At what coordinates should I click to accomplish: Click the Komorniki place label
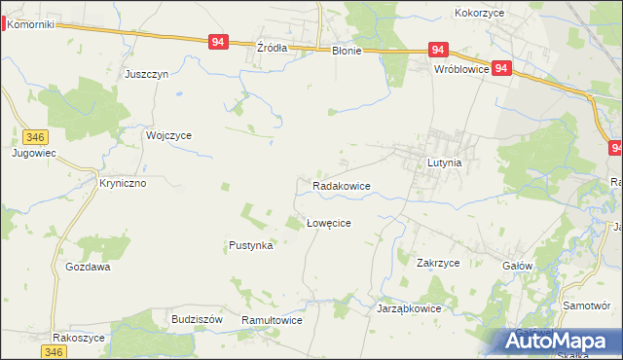29,23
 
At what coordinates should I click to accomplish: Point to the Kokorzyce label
478,14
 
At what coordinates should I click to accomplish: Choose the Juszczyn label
147,74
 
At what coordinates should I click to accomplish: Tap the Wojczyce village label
168,135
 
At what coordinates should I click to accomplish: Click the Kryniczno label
123,182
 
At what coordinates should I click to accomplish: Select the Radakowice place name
341,185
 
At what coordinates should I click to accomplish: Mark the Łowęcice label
328,223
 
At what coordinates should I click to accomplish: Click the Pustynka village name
250,246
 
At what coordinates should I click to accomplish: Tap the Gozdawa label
88,267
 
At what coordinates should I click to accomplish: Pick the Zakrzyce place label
437,263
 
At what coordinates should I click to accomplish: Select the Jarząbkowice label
409,308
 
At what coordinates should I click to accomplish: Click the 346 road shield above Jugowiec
36,138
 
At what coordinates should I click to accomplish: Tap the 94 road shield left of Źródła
218,42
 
